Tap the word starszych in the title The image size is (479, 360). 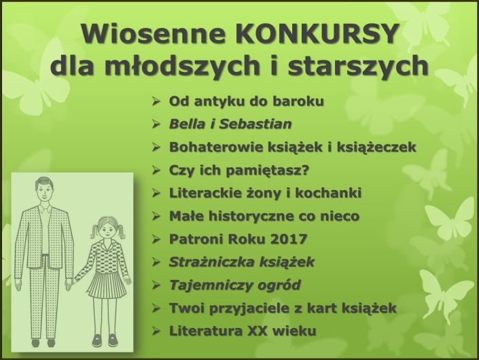coord(358,66)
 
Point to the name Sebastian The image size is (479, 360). coord(255,124)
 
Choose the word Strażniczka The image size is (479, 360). coord(211,262)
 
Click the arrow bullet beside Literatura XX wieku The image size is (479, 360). coord(156,331)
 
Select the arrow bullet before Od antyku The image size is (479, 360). coord(156,102)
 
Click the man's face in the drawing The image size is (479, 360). coord(43,192)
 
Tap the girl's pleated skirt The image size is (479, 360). coord(107,285)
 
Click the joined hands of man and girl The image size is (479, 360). coord(69,284)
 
